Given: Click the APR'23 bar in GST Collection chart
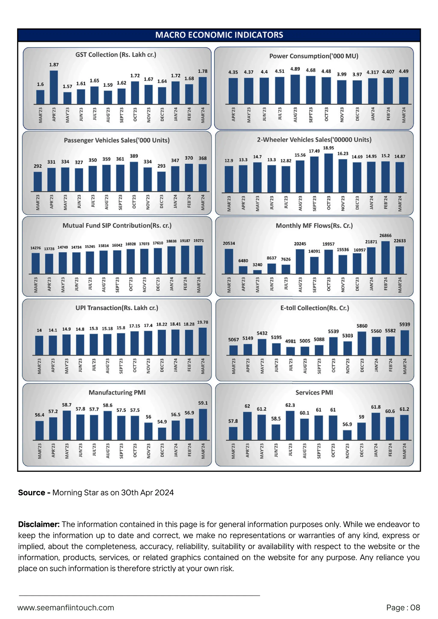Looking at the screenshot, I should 54,87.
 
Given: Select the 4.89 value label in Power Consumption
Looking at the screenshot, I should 295,69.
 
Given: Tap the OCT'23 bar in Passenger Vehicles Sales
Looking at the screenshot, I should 134,177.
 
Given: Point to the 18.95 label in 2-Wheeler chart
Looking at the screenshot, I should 328,148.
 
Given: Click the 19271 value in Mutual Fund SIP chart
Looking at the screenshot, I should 199,240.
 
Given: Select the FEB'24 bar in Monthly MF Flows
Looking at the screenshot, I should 385,258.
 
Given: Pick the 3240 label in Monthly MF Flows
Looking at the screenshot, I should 257,265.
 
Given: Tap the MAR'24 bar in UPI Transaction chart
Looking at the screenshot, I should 203,341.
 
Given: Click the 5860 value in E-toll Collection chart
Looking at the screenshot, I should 362,326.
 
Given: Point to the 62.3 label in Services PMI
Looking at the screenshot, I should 290,405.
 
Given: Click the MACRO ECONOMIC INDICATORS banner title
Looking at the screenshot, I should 219,35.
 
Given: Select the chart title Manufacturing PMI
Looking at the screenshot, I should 117,392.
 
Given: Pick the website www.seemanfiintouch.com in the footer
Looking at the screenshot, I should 66,608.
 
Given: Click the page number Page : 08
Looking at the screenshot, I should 403,608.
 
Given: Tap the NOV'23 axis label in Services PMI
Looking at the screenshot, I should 347,451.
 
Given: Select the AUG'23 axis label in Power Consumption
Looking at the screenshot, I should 295,115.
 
